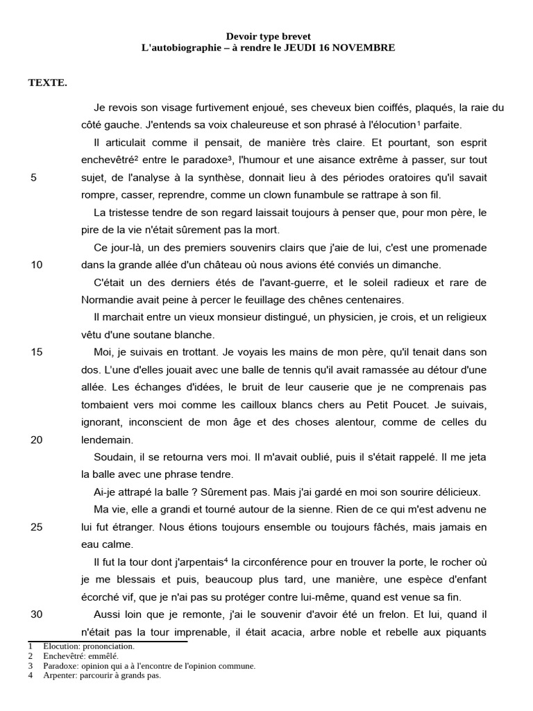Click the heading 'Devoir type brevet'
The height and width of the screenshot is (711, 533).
pyautogui.click(x=269, y=36)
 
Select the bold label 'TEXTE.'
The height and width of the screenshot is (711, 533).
pyautogui.click(x=47, y=83)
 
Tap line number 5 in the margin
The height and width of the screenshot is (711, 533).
pyautogui.click(x=34, y=177)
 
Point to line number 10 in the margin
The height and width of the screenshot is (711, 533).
pyautogui.click(x=37, y=265)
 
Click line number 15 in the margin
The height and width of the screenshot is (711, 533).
pyautogui.click(x=37, y=352)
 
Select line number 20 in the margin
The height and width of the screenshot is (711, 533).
pyautogui.click(x=37, y=440)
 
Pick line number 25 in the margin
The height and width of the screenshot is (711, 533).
pyautogui.click(x=37, y=527)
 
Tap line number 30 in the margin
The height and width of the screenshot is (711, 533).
pyautogui.click(x=37, y=614)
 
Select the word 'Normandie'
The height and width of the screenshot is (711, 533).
pyautogui.click(x=108, y=299)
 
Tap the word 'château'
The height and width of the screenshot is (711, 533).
pyautogui.click(x=239, y=265)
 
